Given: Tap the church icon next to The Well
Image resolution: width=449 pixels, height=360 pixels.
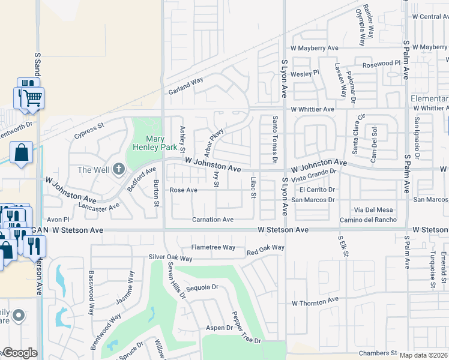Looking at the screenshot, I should coord(118,169).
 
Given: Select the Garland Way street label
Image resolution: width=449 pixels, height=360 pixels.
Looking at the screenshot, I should coord(185,86).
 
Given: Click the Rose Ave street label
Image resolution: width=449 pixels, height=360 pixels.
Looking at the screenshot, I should coord(183,190).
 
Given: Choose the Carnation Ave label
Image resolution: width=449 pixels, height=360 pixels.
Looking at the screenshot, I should coord(212,220).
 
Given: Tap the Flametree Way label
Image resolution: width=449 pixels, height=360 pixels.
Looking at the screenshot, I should coord(213,247).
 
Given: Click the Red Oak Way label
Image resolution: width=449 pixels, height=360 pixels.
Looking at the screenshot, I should coord(265,248).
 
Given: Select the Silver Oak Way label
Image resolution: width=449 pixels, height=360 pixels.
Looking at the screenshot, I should coord(170,258).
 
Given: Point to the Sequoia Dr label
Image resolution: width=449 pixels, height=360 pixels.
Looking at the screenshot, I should coord(202,288).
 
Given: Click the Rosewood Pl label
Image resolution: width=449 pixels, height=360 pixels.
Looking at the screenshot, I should coord(381,63).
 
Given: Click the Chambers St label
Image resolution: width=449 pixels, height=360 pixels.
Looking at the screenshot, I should coord(378,353).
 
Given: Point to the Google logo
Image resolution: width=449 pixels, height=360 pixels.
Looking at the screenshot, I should coord(19,353).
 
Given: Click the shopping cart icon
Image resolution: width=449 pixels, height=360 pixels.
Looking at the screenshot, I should coord(33,97).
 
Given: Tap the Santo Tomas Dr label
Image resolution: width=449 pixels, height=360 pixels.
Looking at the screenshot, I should coord(274,139).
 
